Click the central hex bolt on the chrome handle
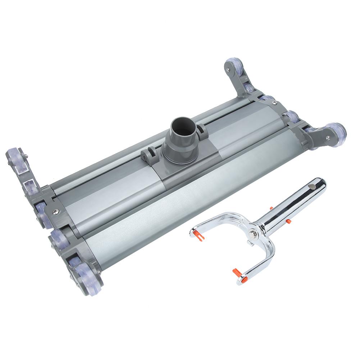254,228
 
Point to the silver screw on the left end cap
55,211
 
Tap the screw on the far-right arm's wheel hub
328,137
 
